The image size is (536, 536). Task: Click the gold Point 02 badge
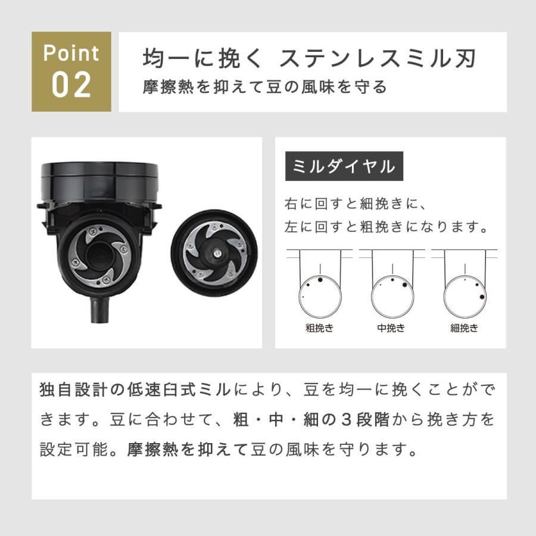point(71,71)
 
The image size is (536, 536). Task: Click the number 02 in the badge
point(71,85)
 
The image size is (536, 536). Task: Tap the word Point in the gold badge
point(71,54)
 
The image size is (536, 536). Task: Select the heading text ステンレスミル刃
point(379,60)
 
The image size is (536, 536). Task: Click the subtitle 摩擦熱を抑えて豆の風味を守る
point(265,87)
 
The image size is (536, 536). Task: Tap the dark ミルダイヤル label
point(344,166)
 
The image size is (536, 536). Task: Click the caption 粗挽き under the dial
point(319,328)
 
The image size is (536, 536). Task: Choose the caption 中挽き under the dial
point(391,328)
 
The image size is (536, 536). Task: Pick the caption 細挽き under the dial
point(465,328)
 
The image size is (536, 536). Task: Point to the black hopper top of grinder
point(100,179)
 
